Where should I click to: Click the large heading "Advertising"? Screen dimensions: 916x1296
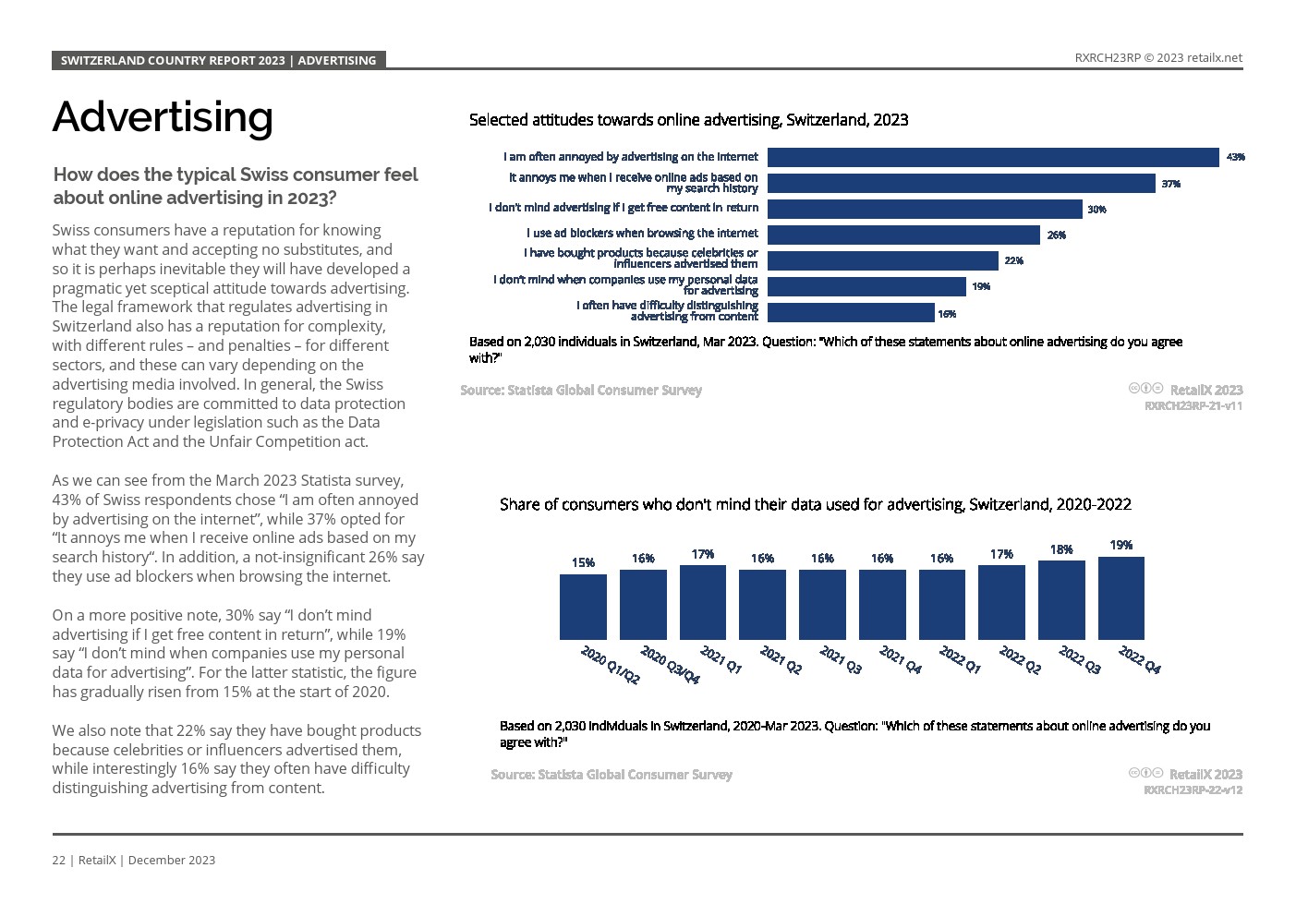coord(163,116)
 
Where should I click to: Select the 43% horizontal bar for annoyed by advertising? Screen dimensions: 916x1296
coord(993,157)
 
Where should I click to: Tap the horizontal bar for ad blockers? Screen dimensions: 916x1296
coord(903,235)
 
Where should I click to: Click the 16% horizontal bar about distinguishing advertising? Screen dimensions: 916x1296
coord(851,313)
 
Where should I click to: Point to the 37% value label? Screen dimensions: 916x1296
coord(1170,184)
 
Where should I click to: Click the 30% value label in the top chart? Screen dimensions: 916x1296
coord(1096,210)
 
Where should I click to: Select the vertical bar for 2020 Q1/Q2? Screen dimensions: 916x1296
coord(583,607)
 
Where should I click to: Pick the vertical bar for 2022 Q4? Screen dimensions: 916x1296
coord(1120,597)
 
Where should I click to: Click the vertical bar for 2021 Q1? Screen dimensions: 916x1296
coord(702,602)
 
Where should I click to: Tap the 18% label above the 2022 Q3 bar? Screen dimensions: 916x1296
coord(1061,549)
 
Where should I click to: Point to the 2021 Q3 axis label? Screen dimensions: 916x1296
coord(840,660)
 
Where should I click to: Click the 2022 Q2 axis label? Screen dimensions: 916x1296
coord(1019,660)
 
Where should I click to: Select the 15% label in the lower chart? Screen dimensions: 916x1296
coord(583,562)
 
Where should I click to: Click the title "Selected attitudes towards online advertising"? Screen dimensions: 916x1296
coord(688,120)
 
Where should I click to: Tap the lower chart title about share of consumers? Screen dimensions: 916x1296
coord(815,504)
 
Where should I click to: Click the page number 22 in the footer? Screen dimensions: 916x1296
coord(58,860)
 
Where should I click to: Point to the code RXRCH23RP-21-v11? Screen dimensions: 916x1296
coord(1193,405)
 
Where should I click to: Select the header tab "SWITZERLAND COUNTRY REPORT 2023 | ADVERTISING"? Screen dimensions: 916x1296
coord(218,60)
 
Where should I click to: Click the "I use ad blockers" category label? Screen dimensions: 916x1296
coord(642,234)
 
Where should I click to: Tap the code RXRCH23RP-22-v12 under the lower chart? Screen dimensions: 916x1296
coord(1193,789)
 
